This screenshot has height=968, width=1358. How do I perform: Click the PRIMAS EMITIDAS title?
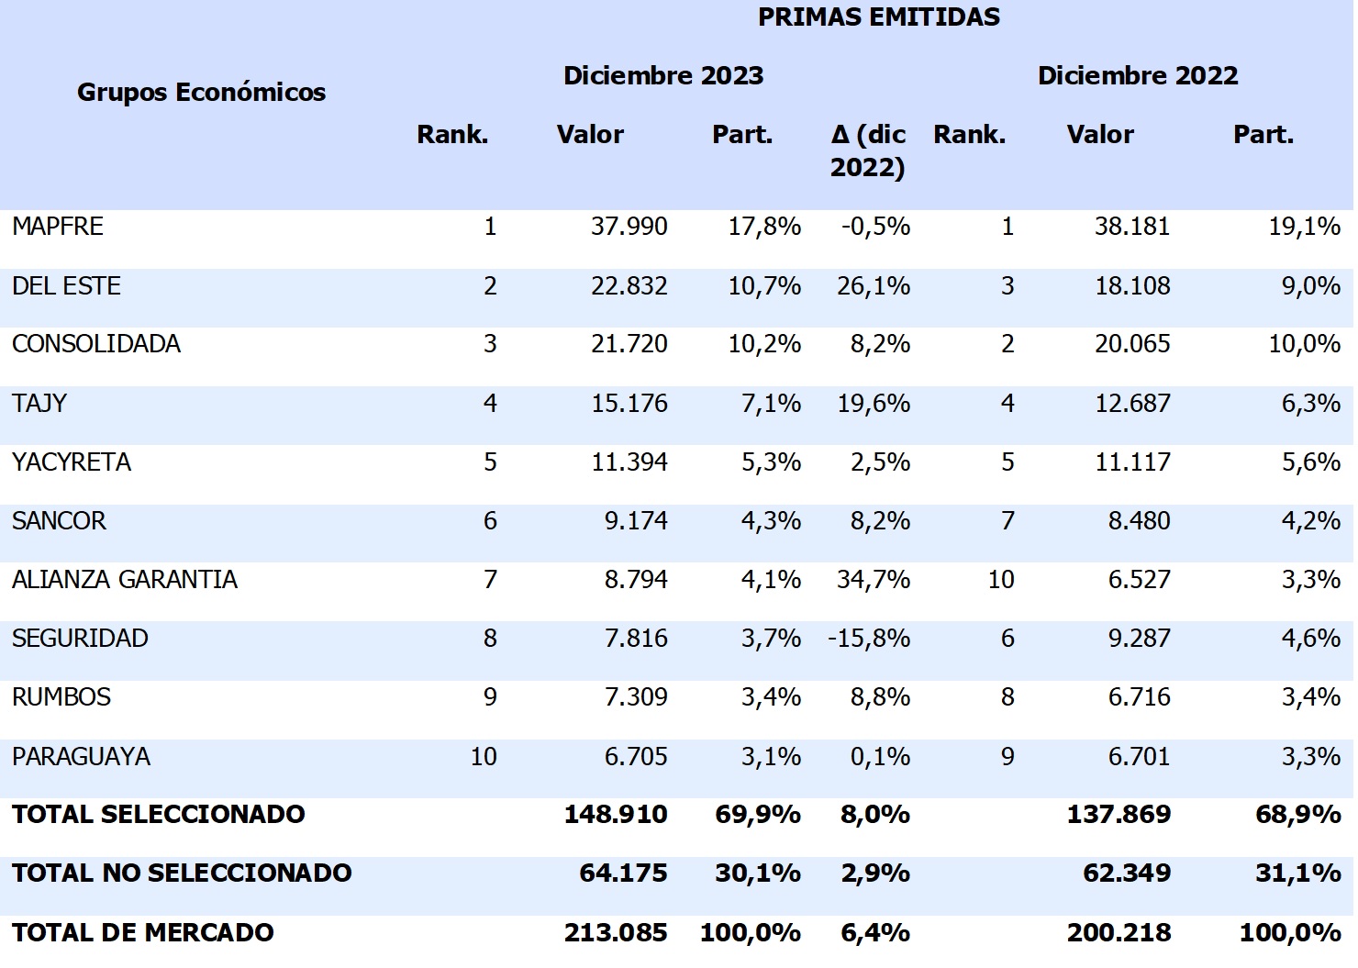[x=878, y=17]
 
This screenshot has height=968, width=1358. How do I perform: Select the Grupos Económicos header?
[x=201, y=92]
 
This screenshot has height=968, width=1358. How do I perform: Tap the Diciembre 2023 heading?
[x=662, y=75]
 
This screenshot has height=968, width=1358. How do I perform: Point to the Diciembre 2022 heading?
[x=1137, y=75]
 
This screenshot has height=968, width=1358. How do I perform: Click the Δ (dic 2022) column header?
[x=867, y=150]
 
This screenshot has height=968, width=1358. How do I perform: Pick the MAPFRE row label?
[x=58, y=227]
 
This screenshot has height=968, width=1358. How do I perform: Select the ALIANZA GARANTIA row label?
[x=125, y=580]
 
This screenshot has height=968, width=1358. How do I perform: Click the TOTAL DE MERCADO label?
[x=143, y=933]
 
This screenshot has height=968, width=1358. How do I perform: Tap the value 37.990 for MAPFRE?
[x=629, y=227]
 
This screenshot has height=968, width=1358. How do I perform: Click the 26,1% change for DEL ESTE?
[x=873, y=286]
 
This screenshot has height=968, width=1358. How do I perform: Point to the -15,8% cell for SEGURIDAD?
[x=868, y=639]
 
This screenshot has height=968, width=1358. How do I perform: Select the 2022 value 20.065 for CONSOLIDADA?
[x=1131, y=344]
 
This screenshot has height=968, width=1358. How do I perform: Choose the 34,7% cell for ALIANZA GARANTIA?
[x=873, y=580]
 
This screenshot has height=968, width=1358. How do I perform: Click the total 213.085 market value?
[x=615, y=933]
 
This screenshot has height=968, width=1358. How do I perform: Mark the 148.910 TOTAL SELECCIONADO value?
[x=615, y=815]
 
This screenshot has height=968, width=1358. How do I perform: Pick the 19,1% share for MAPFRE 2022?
[x=1304, y=227]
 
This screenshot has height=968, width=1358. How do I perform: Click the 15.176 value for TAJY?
[x=629, y=404]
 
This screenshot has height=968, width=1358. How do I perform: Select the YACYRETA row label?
[x=72, y=462]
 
